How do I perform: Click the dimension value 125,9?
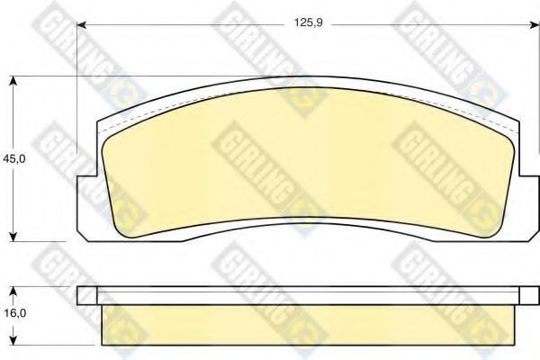[308, 23]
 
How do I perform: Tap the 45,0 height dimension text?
[14, 159]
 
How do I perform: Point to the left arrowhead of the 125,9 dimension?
[81, 25]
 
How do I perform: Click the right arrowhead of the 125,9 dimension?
[535, 25]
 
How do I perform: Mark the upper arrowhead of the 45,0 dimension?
[13, 81]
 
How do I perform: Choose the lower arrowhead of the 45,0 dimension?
[13, 237]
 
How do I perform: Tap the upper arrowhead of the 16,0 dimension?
[13, 292]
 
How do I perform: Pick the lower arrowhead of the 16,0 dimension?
[13, 340]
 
